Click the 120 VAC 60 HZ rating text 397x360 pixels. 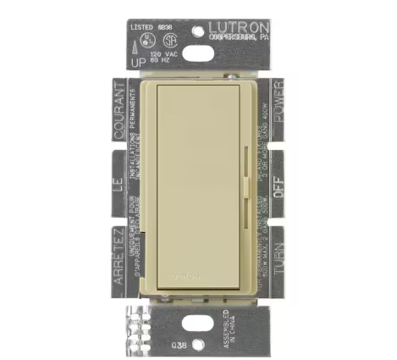coord(165,57)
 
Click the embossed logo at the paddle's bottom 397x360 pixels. coord(195,274)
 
